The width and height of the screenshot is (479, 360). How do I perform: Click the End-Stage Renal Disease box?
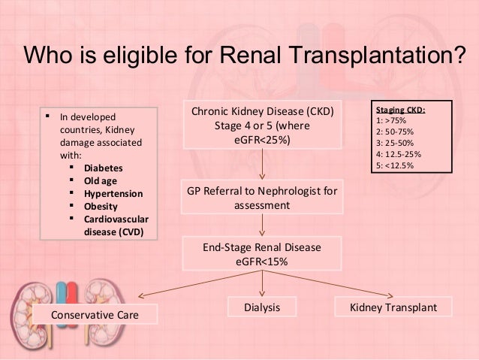click(x=261, y=253)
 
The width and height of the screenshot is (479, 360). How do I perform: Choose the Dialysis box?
click(x=261, y=307)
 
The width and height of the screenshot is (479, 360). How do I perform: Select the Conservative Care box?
click(x=94, y=315)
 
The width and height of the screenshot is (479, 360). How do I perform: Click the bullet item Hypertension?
click(x=113, y=193)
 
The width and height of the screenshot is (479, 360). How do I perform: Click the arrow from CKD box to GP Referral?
click(x=261, y=164)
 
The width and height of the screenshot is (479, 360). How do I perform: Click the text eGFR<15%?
click(x=261, y=260)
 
